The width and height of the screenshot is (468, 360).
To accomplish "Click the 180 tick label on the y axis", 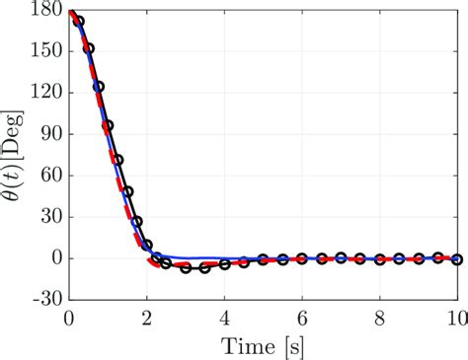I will tap(44, 12).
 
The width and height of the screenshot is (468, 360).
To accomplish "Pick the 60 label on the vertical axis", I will tap(48, 176).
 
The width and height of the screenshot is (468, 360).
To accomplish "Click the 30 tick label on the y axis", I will tap(48, 217).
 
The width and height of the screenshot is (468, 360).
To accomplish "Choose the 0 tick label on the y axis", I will tap(53, 258).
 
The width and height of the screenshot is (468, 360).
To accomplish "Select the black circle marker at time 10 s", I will tap(457, 258).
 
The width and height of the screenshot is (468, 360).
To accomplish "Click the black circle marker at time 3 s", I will tap(186, 267).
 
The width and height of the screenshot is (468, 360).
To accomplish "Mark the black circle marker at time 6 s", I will tap(302, 258).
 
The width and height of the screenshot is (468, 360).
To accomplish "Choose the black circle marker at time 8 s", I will tap(380, 259).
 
